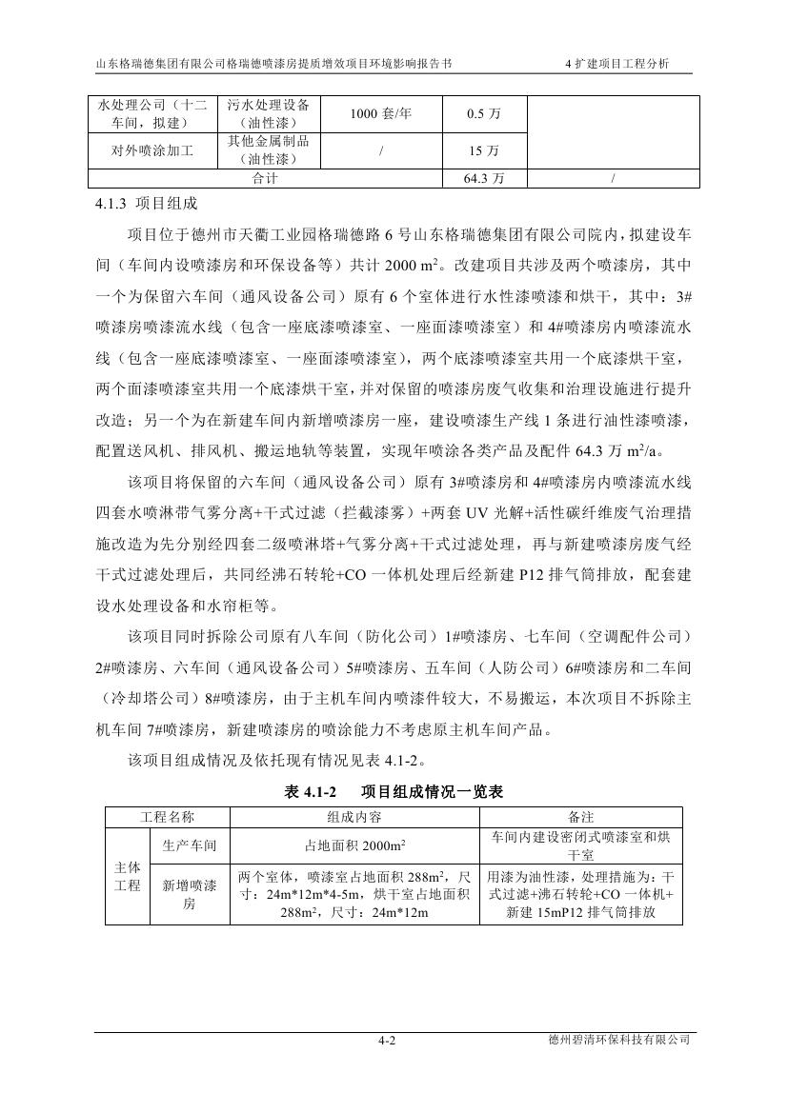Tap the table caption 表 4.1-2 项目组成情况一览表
(x=394, y=791)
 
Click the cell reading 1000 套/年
(x=380, y=114)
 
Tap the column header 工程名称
(x=168, y=817)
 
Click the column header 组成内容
(x=355, y=817)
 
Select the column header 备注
(x=581, y=817)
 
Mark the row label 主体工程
(x=128, y=877)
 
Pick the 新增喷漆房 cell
(x=190, y=894)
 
